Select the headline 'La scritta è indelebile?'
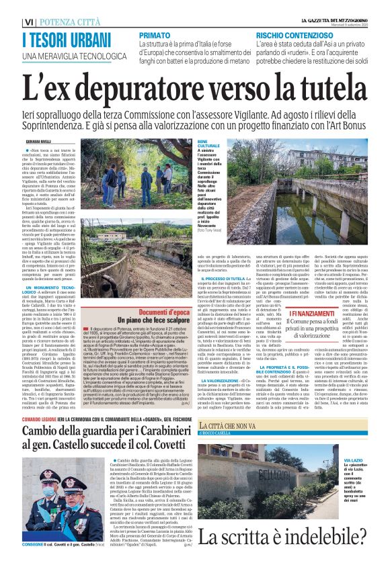pos(275,536)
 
